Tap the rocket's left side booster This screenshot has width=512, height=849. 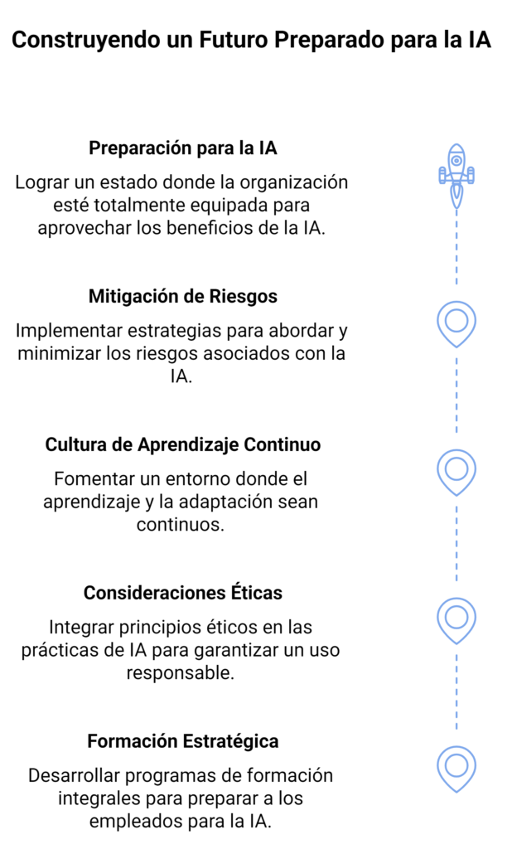point(442,175)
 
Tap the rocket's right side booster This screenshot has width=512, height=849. point(471,175)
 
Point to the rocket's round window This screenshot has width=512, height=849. point(456,161)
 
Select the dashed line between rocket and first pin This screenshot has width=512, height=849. point(456,249)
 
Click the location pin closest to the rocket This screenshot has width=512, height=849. point(456,323)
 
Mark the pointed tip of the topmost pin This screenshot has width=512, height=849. point(456,346)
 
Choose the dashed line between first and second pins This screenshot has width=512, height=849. point(456,396)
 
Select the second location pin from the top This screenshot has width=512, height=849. point(456,471)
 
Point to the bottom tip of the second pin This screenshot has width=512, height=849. point(456,494)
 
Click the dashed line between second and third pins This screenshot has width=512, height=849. point(456,545)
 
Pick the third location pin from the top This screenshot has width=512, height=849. point(456,619)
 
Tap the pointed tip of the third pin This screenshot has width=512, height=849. point(456,643)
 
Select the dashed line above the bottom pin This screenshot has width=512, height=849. point(456,693)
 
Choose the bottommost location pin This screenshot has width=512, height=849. point(456,768)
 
